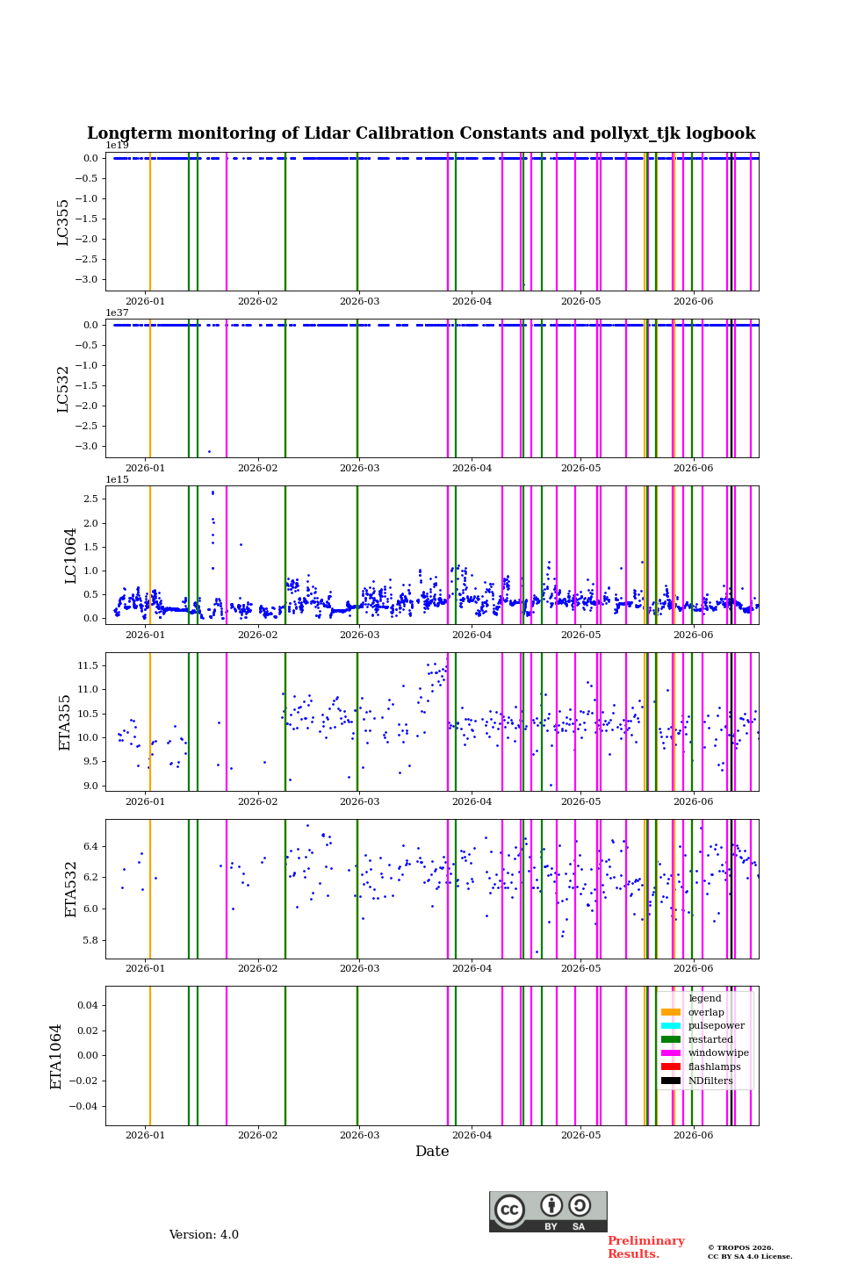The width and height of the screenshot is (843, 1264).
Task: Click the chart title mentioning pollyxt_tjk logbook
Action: (421, 133)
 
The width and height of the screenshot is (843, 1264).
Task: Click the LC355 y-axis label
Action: (62, 222)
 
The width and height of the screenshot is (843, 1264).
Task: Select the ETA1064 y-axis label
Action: (56, 1056)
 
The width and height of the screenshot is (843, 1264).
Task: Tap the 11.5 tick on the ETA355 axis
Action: (88, 666)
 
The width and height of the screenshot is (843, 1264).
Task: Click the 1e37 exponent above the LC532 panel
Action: (118, 312)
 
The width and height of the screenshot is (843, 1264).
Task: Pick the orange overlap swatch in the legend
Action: (671, 1012)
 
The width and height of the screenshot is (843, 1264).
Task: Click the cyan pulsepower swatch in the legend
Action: (671, 1026)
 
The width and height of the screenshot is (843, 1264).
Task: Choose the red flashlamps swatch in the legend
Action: (671, 1067)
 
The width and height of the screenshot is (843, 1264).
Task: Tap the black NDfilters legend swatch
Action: (671, 1081)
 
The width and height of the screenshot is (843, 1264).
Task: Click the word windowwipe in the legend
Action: (718, 1053)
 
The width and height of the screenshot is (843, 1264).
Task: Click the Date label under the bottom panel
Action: (433, 1151)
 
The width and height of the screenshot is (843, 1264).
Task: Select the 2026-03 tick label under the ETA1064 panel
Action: (360, 1135)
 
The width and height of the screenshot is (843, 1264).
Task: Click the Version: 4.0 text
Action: (204, 1235)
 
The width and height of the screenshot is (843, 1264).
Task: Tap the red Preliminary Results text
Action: (646, 1247)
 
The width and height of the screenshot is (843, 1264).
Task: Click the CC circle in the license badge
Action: (510, 1210)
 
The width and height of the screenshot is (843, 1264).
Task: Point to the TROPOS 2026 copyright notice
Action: (741, 1247)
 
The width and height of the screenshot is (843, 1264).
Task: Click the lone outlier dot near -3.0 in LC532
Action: (210, 451)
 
